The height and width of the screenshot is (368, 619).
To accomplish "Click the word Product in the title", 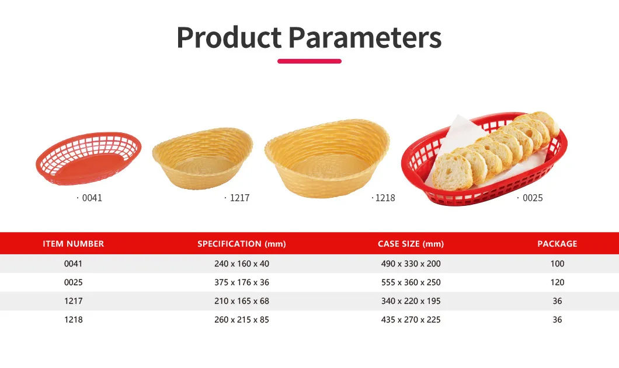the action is [x=229, y=37].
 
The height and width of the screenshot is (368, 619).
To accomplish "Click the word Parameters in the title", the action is [x=365, y=37].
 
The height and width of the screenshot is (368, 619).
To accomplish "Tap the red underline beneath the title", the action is [x=309, y=61].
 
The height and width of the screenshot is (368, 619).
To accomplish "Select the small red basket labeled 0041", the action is [x=88, y=158].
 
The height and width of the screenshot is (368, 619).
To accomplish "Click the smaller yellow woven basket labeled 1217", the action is [x=203, y=159].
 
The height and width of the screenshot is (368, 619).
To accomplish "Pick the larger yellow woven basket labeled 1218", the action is [x=327, y=158].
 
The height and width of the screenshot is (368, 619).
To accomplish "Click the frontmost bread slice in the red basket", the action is [x=452, y=172].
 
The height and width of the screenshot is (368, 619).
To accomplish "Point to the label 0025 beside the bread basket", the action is [x=533, y=198].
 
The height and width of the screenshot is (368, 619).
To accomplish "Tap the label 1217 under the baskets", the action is [x=239, y=198].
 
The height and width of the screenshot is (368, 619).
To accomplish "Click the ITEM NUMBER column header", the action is [x=74, y=244].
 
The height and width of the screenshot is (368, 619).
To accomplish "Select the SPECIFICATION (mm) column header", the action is [x=242, y=244].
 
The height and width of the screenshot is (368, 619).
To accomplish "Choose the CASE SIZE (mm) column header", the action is [x=411, y=244].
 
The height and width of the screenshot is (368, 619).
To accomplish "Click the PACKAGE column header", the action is [x=557, y=244].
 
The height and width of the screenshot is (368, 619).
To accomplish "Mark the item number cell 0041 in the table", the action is [x=74, y=264].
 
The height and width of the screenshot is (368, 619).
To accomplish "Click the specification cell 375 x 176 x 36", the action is [x=242, y=282].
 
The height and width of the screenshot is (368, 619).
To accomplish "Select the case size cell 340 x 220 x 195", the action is [x=411, y=301].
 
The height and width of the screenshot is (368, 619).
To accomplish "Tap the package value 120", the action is [x=557, y=282].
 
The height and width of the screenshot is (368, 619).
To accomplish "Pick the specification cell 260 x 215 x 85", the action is [x=242, y=320].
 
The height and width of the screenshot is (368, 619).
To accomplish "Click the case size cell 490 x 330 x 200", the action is [x=411, y=264].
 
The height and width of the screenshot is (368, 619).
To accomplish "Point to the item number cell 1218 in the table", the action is [x=74, y=320].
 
